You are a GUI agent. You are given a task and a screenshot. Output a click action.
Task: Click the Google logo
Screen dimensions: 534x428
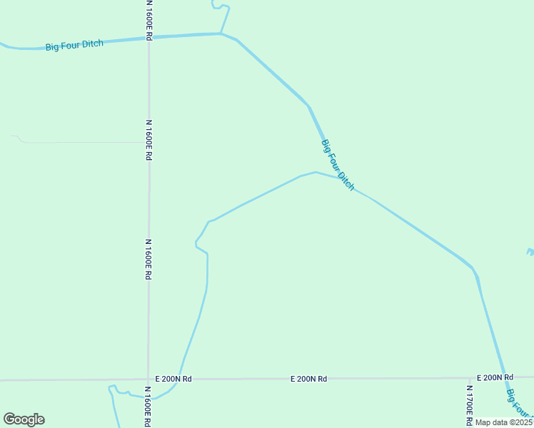click(x=24, y=419)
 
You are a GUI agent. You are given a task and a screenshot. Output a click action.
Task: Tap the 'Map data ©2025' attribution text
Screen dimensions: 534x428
click(x=504, y=422)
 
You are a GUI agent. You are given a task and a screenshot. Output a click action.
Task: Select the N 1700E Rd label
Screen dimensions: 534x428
click(x=469, y=403)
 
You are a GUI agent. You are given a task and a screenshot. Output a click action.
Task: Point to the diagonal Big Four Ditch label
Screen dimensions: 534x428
click(x=338, y=165)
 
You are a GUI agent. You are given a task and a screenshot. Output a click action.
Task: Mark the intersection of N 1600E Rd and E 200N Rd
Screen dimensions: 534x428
click(x=148, y=379)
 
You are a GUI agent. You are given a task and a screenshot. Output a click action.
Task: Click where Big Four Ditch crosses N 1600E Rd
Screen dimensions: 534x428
click(x=148, y=37)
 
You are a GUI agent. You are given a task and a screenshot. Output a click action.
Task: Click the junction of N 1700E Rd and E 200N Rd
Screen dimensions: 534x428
click(x=469, y=378)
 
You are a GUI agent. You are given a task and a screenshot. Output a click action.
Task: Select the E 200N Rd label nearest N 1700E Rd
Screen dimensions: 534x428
click(x=495, y=377)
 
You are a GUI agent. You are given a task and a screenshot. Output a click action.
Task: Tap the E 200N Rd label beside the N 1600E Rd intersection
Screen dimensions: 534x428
click(x=173, y=379)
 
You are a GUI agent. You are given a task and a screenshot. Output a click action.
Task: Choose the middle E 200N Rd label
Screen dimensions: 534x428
click(x=308, y=379)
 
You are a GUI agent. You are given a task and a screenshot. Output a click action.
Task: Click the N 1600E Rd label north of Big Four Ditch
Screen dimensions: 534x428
click(x=149, y=19)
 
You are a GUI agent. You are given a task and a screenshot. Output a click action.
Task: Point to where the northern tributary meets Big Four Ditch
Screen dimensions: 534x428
click(x=221, y=33)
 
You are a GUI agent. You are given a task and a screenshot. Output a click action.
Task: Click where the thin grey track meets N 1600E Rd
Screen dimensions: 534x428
click(x=148, y=142)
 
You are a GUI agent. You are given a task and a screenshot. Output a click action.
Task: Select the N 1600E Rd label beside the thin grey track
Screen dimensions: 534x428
click(x=149, y=140)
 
